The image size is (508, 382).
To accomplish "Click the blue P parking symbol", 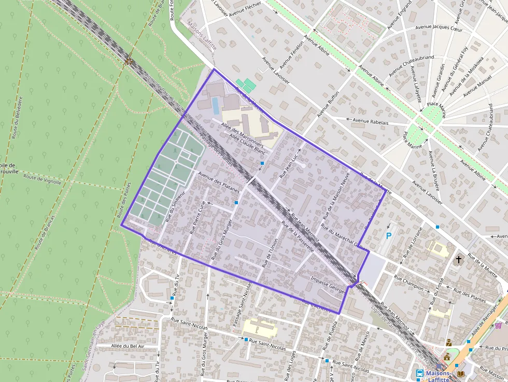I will tap(389, 236).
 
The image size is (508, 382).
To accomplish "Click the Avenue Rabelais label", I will tap(371, 122).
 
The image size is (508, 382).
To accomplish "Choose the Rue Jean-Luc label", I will tap(289, 166).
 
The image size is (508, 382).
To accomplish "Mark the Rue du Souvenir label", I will tap(176, 207).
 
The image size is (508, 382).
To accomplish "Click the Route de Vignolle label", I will tap(43, 179).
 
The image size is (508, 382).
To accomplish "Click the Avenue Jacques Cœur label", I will tap(440, 26).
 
